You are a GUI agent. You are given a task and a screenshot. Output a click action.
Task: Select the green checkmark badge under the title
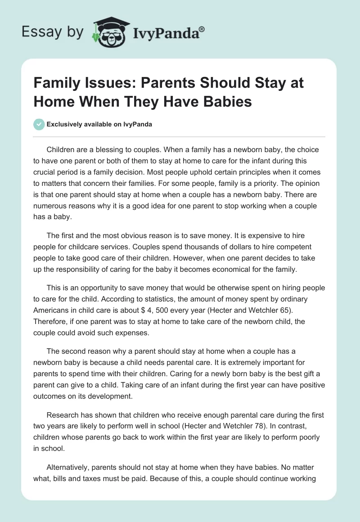pos(39,124)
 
